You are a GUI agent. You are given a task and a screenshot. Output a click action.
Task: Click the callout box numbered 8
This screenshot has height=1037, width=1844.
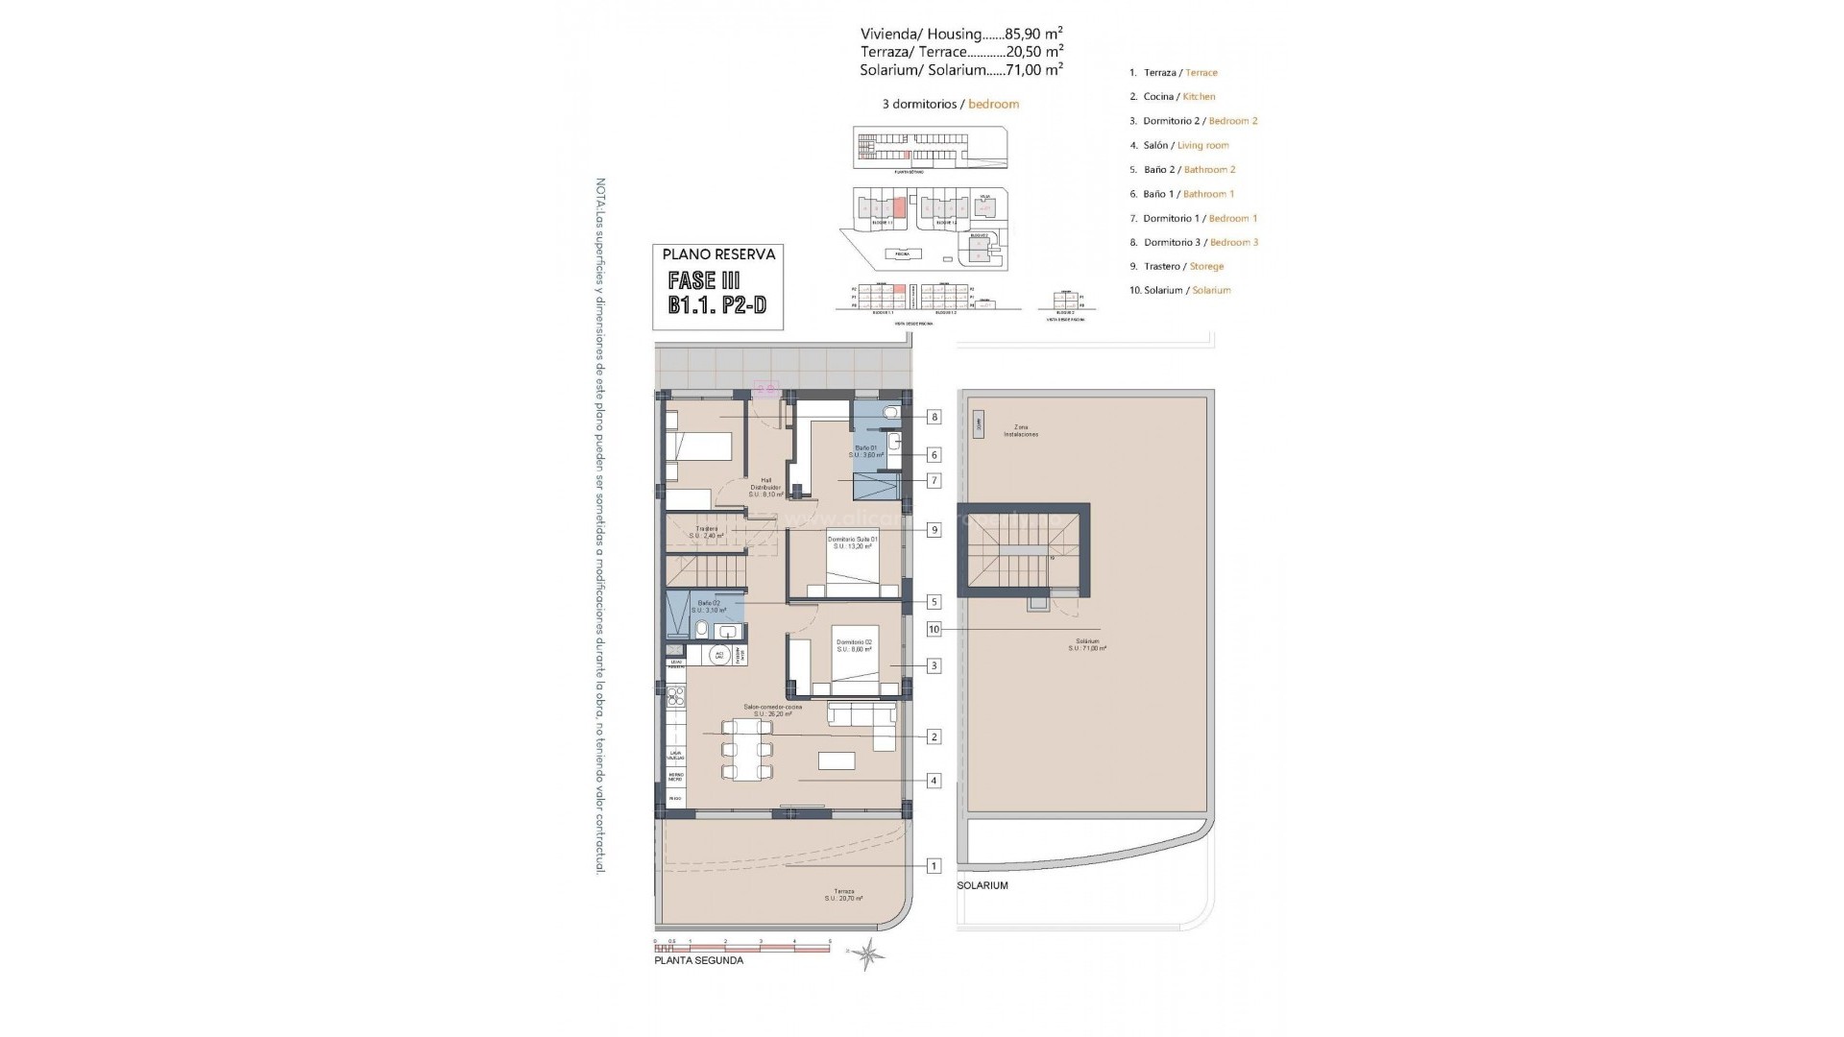[934, 417]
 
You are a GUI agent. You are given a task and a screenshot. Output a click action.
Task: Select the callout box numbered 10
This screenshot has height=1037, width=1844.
[934, 630]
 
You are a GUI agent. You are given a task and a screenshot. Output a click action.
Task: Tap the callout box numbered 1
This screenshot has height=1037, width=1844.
[934, 866]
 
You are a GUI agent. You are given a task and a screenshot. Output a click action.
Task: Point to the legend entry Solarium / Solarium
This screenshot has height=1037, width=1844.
[1179, 290]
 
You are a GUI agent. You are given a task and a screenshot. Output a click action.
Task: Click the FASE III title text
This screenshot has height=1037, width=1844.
[704, 281]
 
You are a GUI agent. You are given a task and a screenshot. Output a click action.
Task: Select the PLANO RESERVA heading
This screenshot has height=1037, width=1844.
[718, 254]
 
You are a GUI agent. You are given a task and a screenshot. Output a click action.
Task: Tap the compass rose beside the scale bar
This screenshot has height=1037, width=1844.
[869, 953]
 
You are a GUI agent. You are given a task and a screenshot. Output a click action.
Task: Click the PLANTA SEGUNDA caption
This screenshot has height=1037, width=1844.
[698, 960]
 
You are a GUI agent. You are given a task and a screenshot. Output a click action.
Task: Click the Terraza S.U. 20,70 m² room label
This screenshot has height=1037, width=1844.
[843, 895]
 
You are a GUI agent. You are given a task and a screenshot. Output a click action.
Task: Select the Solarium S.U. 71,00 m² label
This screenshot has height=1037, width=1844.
[1087, 644]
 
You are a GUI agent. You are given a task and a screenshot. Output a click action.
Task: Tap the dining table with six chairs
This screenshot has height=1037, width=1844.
[746, 750]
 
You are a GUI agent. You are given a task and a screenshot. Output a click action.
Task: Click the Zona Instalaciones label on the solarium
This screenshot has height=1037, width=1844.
[1020, 430]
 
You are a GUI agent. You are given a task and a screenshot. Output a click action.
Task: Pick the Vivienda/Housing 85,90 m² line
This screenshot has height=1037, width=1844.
[960, 34]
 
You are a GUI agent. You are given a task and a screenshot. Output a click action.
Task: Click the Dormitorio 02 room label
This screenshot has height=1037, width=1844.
[854, 645]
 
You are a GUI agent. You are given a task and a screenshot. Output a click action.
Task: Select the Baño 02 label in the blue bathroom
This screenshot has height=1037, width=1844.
[708, 606]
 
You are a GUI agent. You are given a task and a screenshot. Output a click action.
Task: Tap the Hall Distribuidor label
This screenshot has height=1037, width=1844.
[765, 487]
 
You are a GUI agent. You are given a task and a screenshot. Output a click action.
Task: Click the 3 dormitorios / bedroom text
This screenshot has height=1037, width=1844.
[950, 104]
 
